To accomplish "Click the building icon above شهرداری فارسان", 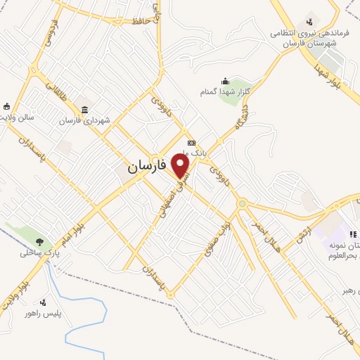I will (x=84, y=109).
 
